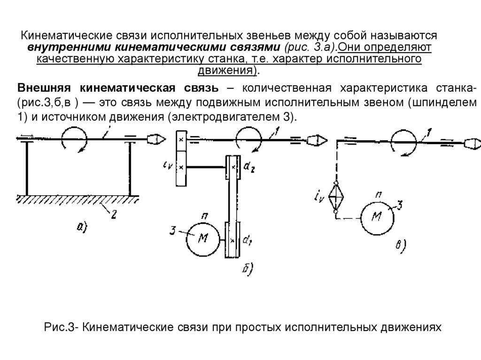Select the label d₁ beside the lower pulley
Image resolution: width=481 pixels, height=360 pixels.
tap(247, 241)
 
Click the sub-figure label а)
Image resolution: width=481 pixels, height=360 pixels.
tap(81, 227)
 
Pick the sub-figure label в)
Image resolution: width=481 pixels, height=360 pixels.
tap(401, 245)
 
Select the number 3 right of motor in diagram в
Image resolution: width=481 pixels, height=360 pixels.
tap(400, 205)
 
